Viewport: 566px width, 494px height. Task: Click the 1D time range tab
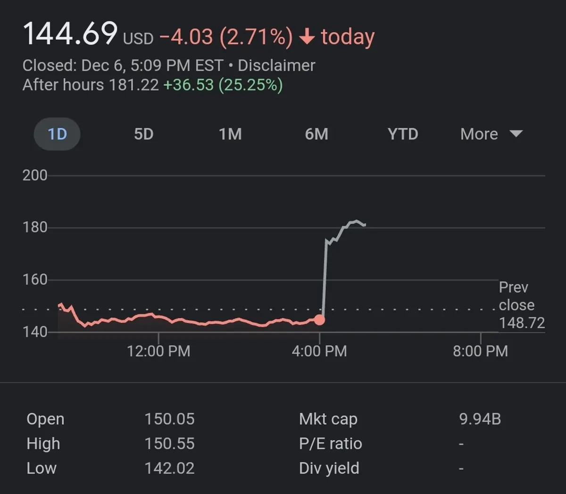tap(57, 134)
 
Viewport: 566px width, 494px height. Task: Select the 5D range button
tap(144, 134)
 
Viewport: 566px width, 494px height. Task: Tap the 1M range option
tap(230, 134)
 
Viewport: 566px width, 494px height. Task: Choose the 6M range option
tap(316, 134)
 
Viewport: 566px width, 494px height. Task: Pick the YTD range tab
tap(403, 134)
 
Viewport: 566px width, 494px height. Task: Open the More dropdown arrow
tap(516, 134)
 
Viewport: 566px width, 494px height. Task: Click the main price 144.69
tap(70, 34)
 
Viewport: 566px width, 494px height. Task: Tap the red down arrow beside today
tap(307, 37)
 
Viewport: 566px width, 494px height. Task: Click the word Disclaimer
tap(276, 66)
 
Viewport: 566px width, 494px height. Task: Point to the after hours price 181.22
tap(133, 85)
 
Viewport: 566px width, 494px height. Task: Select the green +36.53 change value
tap(188, 85)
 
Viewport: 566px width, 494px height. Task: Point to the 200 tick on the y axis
tap(35, 175)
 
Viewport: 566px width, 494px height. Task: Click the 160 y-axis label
tap(35, 280)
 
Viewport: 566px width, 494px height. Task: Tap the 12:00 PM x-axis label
tap(158, 351)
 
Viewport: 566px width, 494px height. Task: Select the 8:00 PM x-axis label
tap(480, 351)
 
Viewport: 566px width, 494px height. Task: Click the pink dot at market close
tap(319, 320)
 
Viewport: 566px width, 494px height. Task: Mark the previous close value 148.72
tap(522, 323)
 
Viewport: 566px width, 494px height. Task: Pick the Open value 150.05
tap(169, 419)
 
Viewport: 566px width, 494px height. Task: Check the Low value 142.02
tap(169, 468)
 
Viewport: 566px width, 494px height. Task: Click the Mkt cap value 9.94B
tap(480, 419)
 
